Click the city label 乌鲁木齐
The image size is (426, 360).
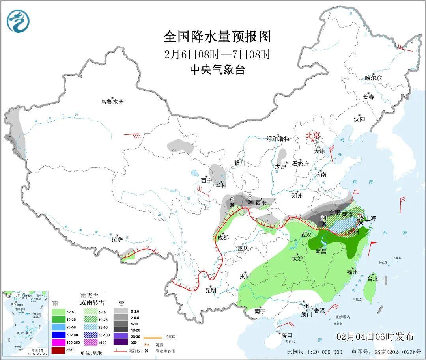click(x=112, y=102)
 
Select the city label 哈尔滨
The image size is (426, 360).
click(x=373, y=78)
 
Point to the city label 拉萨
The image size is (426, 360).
click(x=117, y=239)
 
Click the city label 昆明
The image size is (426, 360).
click(x=211, y=290)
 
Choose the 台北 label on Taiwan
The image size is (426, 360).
click(x=373, y=279)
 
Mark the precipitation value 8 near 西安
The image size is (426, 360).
click(x=250, y=196)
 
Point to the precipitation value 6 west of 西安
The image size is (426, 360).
click(x=232, y=200)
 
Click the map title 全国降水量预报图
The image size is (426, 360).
click(x=218, y=37)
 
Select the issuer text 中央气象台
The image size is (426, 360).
click(x=218, y=70)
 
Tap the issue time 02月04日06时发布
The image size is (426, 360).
click(x=375, y=337)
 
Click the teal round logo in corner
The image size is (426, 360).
click(x=18, y=21)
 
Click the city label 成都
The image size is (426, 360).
click(x=223, y=237)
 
